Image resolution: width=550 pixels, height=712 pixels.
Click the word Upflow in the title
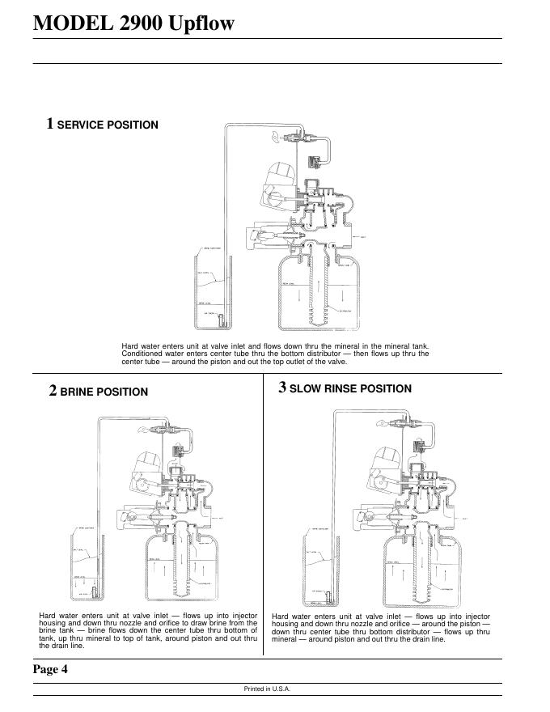(x=201, y=23)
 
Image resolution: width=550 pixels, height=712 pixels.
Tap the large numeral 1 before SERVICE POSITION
(x=50, y=124)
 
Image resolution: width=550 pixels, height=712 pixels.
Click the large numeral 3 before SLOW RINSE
(x=282, y=388)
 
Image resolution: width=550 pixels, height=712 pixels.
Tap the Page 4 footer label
(x=50, y=669)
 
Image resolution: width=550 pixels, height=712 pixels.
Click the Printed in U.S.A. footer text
(x=267, y=689)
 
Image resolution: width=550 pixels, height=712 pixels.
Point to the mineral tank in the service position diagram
(x=317, y=291)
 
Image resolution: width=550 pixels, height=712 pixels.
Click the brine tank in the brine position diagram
(x=87, y=570)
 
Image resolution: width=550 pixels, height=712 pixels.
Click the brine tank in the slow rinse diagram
(x=319, y=570)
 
